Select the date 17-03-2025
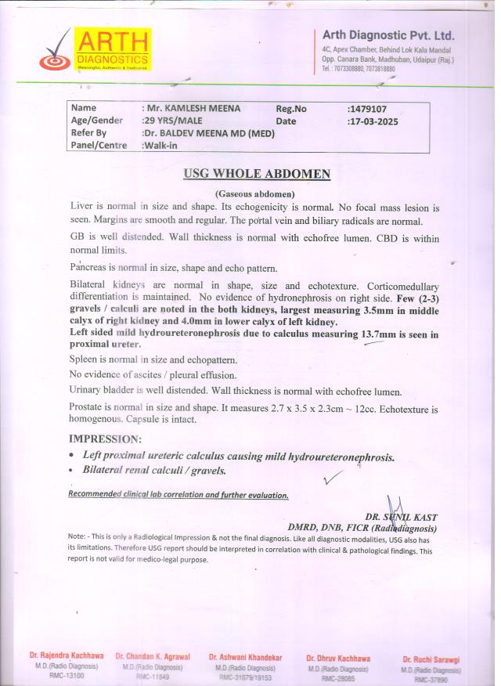(x=379, y=121)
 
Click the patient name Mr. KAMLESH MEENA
(x=191, y=108)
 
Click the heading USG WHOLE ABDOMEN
(x=257, y=174)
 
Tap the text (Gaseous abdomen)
(x=254, y=193)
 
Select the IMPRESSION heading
(x=106, y=439)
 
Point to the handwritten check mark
(x=333, y=476)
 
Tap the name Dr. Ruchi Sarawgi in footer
(x=431, y=660)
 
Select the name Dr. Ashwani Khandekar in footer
(x=245, y=658)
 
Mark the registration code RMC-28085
(x=337, y=677)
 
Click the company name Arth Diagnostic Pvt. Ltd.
(x=388, y=35)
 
